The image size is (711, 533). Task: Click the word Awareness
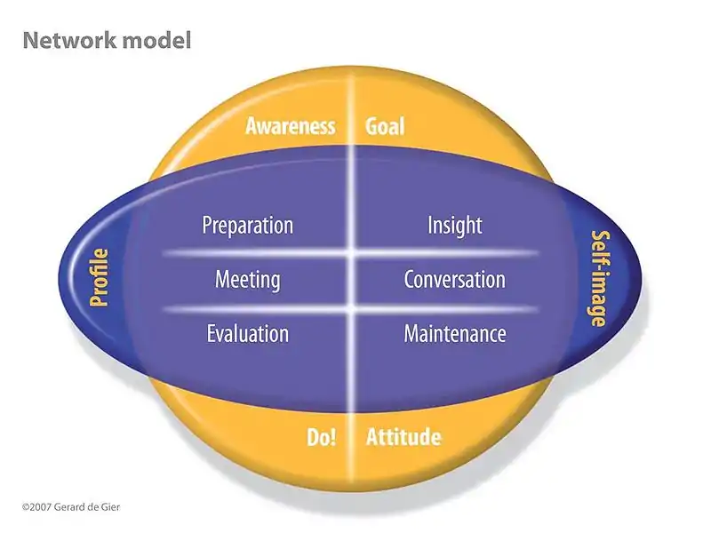291,126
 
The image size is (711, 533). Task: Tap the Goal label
385,126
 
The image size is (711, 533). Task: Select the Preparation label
248,226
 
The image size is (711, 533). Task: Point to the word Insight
455,226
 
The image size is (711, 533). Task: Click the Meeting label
248,281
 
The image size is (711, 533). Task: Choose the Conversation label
455,281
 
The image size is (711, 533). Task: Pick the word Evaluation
248,335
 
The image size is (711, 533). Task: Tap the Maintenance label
455,335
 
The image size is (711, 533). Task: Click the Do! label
321,437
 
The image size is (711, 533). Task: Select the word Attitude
403,437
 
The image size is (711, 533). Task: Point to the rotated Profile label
100,278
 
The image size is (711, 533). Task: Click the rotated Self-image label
599,278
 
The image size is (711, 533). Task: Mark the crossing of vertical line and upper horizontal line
353,254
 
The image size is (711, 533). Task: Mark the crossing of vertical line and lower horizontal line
353,309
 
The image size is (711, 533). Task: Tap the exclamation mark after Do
332,437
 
